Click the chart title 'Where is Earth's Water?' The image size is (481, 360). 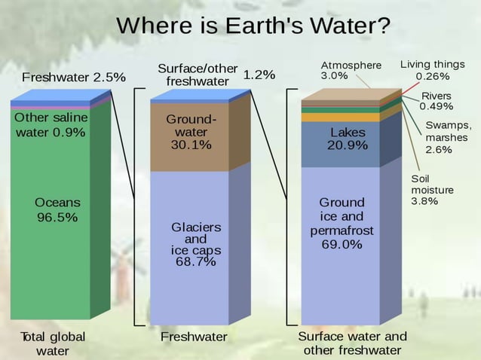click(253, 26)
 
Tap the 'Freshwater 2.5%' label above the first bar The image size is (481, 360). click(73, 78)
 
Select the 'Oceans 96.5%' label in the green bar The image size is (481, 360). click(57, 210)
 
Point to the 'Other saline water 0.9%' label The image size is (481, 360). click(51, 125)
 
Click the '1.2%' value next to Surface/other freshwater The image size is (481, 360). click(259, 75)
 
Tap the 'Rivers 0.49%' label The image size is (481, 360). click(436, 101)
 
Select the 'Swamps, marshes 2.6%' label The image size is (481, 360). click(448, 137)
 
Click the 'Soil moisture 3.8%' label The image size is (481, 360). click(432, 190)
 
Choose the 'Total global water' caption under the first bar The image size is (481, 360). click(53, 343)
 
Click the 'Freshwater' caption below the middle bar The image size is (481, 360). click(194, 337)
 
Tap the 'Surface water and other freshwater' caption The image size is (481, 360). click(352, 343)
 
